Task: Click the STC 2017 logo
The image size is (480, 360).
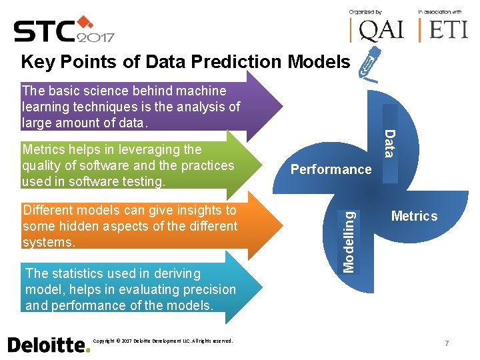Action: click(x=64, y=29)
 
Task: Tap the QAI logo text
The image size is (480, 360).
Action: click(x=377, y=29)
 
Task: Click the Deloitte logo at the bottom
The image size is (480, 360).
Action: click(x=48, y=344)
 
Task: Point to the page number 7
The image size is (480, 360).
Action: click(x=446, y=343)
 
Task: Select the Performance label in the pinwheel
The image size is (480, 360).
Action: click(x=331, y=169)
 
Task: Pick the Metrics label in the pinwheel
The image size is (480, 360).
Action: click(x=414, y=216)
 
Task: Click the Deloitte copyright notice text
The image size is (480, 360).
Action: click(x=163, y=341)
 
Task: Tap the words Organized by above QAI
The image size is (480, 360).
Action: click(x=365, y=12)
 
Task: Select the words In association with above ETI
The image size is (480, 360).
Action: click(x=440, y=12)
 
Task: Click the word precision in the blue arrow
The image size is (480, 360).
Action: click(x=204, y=289)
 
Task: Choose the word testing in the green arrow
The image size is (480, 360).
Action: click(x=142, y=181)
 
